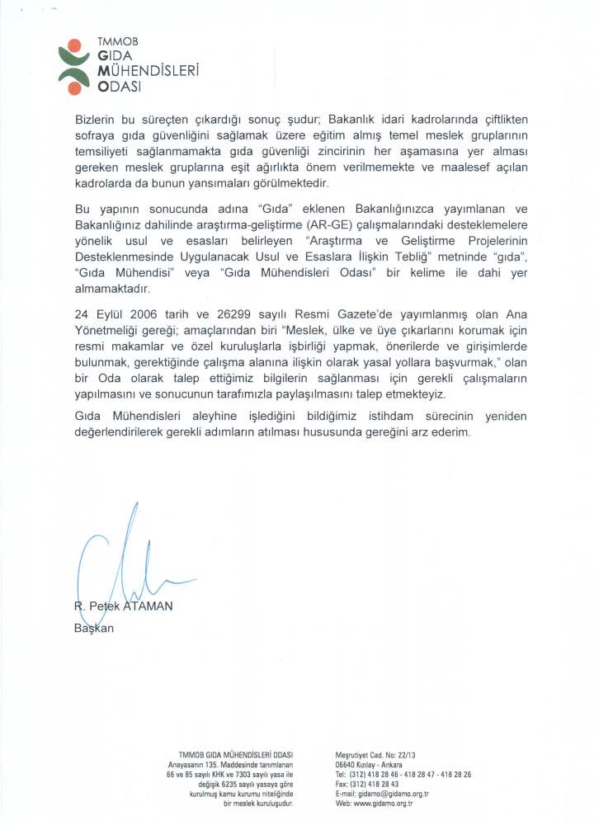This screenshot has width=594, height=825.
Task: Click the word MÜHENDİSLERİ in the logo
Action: pyautogui.click(x=149, y=71)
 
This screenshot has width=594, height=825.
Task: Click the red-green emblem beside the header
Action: pyautogui.click(x=76, y=67)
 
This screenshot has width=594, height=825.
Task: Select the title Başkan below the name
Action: pyautogui.click(x=93, y=629)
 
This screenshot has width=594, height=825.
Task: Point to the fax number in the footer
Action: pyautogui.click(x=367, y=784)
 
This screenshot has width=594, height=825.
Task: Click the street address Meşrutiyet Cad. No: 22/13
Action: pyautogui.click(x=375, y=755)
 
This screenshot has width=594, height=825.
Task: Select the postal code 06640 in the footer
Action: pyautogui.click(x=346, y=765)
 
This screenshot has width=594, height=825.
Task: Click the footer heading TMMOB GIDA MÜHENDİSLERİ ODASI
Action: pyautogui.click(x=236, y=755)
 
